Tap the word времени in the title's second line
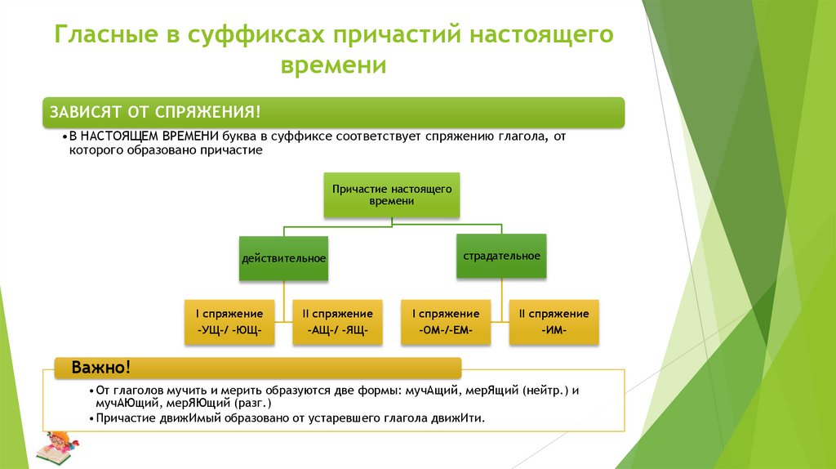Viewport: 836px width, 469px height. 334,65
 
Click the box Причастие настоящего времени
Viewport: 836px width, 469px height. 392,194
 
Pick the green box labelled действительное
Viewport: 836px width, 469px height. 283,259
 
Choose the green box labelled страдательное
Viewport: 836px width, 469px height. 501,257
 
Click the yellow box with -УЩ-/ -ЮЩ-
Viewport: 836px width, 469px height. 229,322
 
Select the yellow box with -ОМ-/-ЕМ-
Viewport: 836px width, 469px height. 445,322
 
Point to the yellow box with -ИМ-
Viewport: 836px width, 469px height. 554,322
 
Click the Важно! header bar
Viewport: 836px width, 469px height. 258,368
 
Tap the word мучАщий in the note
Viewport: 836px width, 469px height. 427,391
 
